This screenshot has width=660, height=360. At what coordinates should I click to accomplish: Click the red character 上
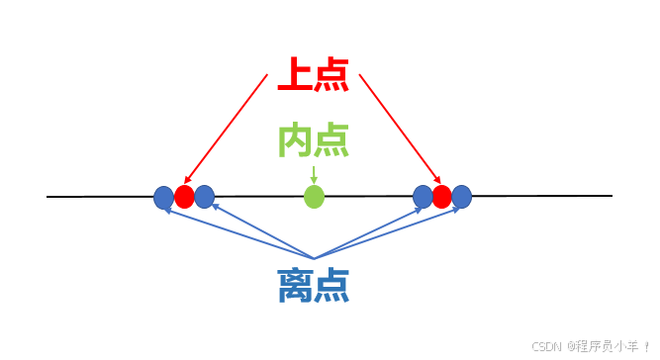pyautogui.click(x=295, y=75)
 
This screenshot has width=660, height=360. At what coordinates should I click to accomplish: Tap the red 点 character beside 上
pyautogui.click(x=330, y=75)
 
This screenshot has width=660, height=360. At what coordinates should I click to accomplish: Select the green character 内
pyautogui.click(x=295, y=141)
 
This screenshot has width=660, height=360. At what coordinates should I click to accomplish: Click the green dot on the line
pyautogui.click(x=314, y=197)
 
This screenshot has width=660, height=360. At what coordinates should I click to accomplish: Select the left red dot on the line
pyautogui.click(x=184, y=197)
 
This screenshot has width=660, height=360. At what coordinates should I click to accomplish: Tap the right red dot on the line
pyautogui.click(x=441, y=197)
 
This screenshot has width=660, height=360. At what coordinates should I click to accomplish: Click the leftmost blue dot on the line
pyautogui.click(x=163, y=198)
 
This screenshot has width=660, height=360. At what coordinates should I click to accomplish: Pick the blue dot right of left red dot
pyautogui.click(x=205, y=197)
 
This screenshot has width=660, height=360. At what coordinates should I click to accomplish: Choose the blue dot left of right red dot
pyautogui.click(x=423, y=197)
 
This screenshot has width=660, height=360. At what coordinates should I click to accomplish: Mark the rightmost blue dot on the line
pyautogui.click(x=461, y=197)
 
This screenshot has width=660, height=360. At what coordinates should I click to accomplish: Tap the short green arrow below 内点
pyautogui.click(x=314, y=173)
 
